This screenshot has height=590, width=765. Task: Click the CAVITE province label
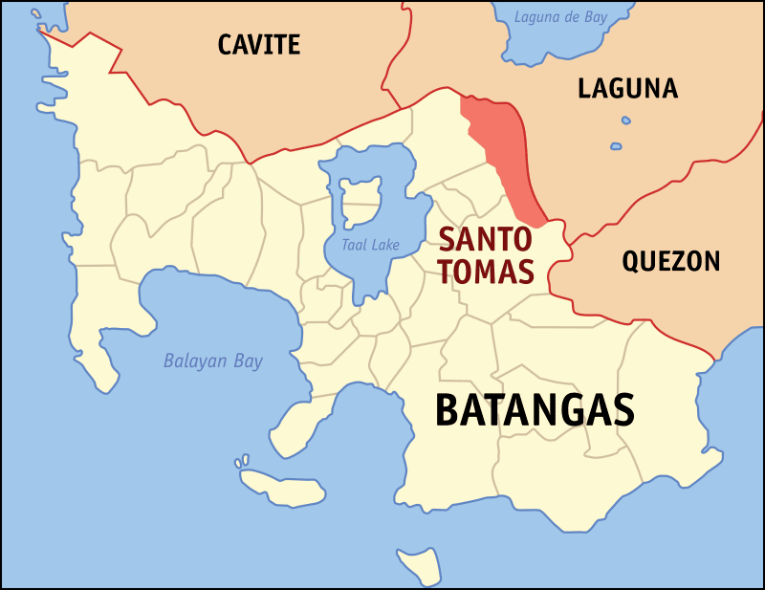point(258,44)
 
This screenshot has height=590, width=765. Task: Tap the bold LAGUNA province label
point(627,89)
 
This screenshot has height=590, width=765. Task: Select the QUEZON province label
point(670,261)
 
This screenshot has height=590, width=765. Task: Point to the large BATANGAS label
point(535,410)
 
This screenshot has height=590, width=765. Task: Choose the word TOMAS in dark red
point(485,272)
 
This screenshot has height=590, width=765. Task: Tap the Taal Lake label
point(372,246)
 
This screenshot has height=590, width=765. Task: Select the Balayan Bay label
point(212,361)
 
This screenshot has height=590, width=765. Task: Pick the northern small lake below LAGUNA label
point(625,121)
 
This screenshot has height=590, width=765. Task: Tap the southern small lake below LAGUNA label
point(616,146)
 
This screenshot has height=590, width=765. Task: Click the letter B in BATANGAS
point(447,410)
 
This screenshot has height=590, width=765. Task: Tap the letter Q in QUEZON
point(631,262)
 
